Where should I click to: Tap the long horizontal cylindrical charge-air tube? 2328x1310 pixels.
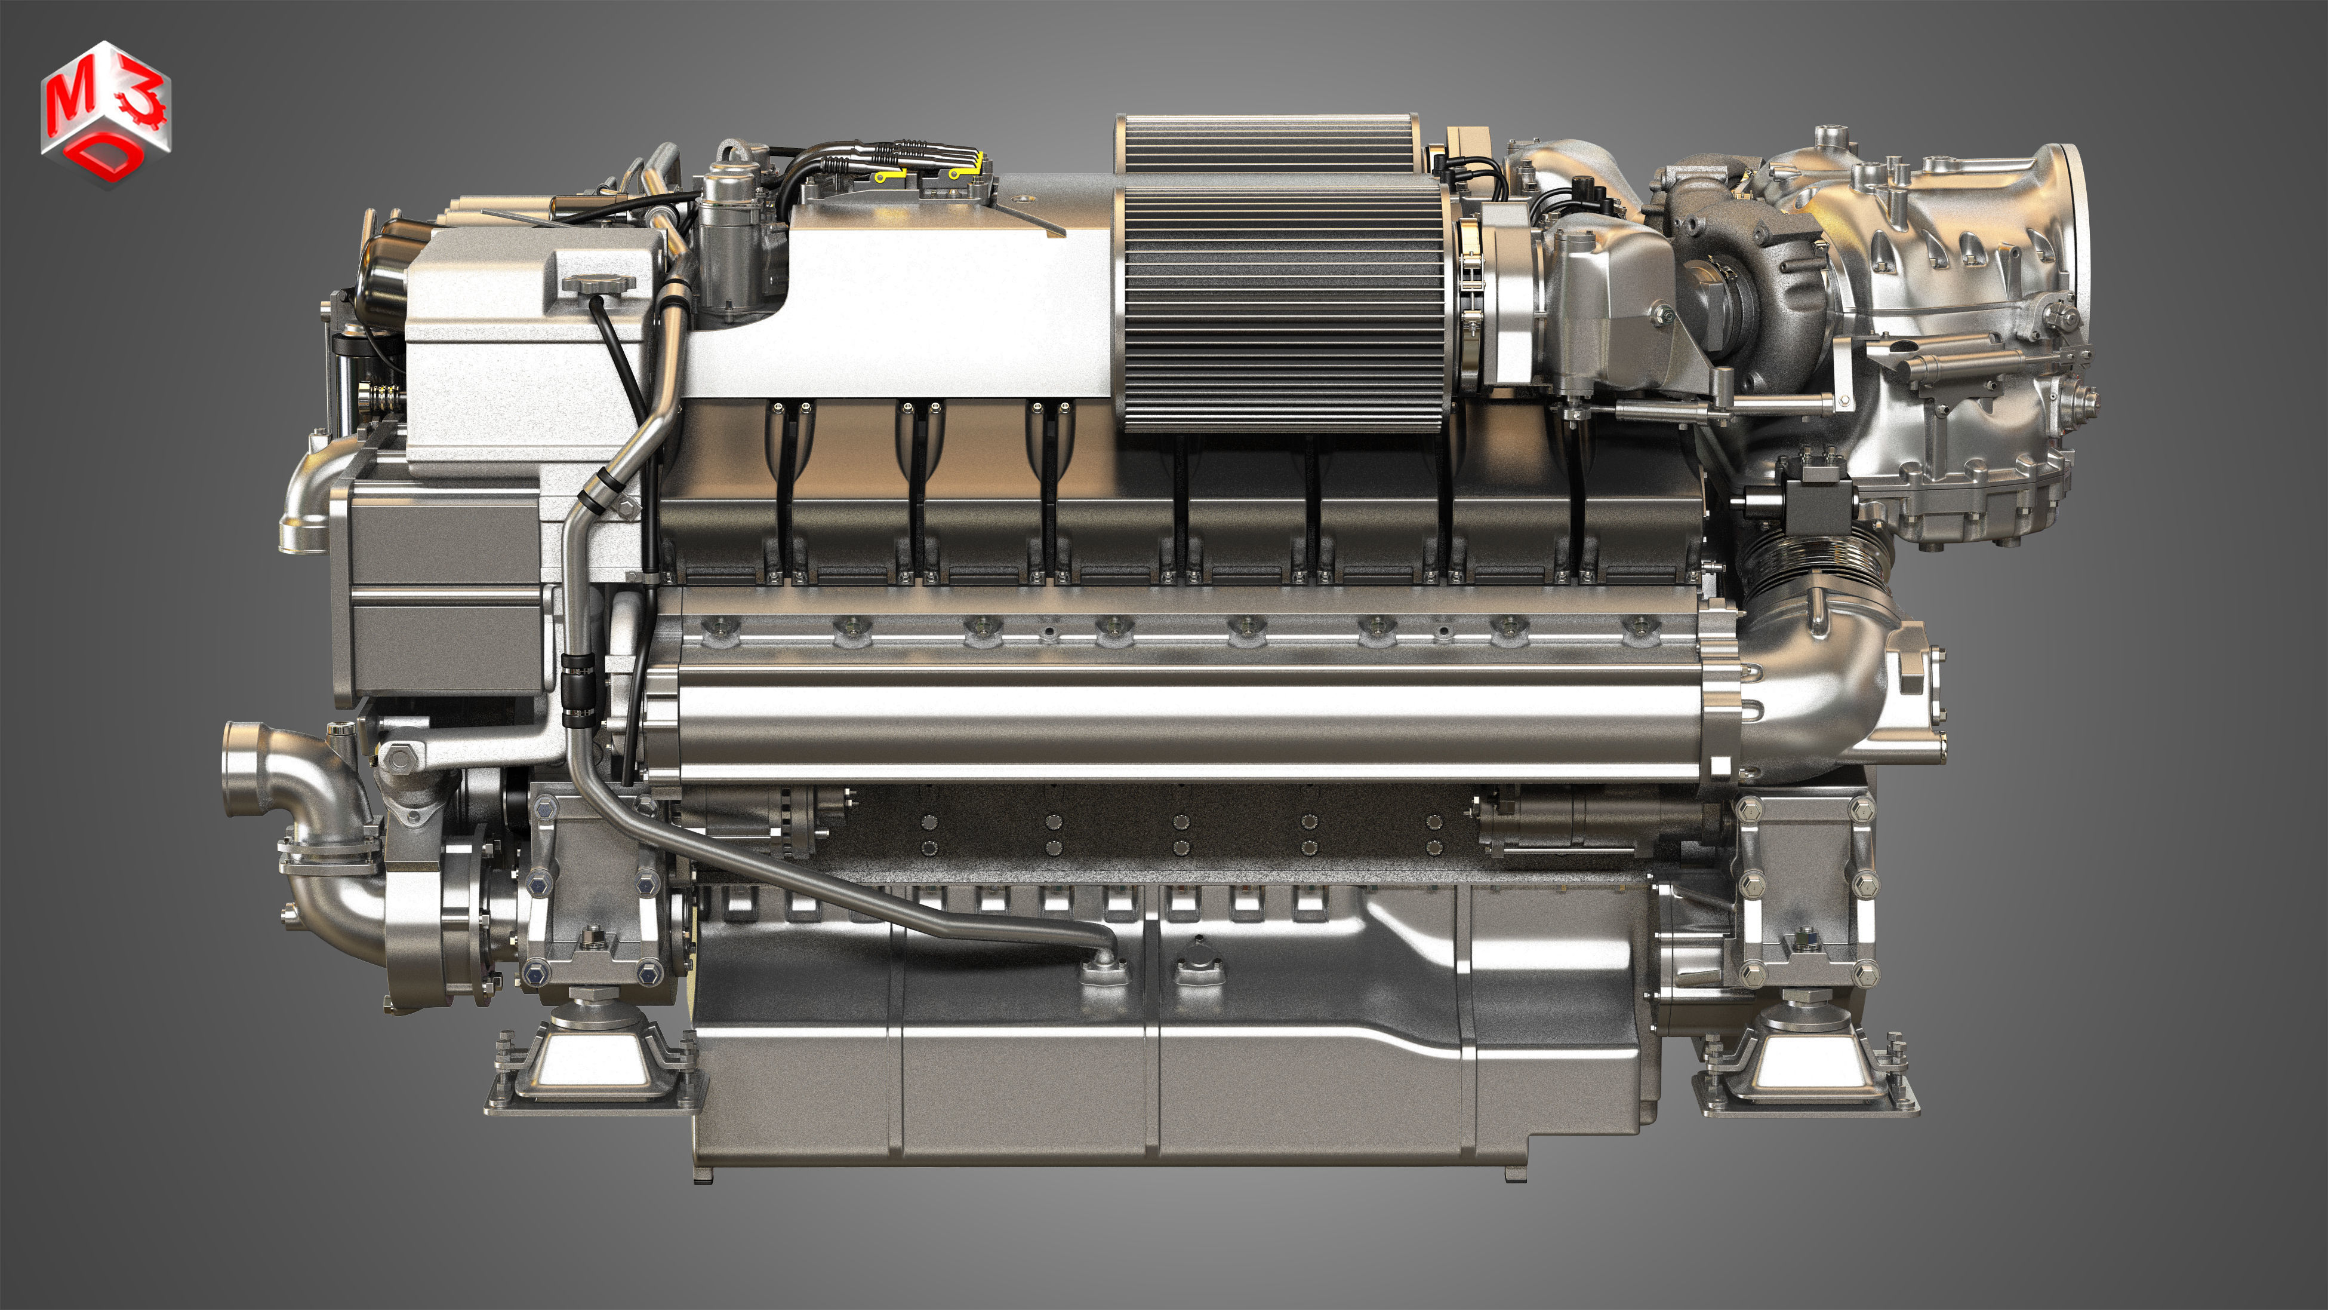[x=1175, y=723]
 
